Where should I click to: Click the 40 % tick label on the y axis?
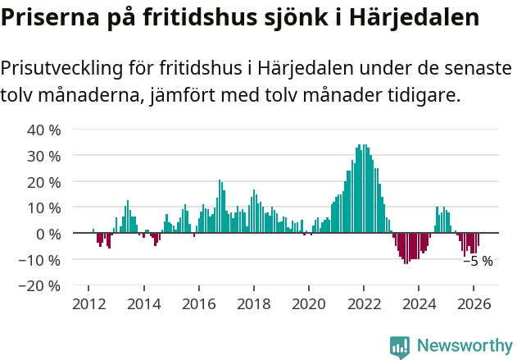tap(44, 129)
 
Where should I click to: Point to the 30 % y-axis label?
tap(44, 155)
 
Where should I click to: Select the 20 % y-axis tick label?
tap(44, 181)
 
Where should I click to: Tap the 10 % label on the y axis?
tap(44, 207)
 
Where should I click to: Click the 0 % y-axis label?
tap(48, 234)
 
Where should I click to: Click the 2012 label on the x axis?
tap(88, 303)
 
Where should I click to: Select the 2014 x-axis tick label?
tap(143, 303)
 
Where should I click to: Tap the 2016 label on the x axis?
tap(198, 303)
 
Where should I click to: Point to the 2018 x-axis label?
tap(253, 303)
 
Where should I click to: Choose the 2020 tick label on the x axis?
tap(308, 303)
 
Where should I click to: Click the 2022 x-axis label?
tap(363, 303)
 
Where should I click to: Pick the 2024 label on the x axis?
tap(418, 303)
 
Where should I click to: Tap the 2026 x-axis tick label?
tap(473, 303)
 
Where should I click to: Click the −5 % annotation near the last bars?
tap(478, 262)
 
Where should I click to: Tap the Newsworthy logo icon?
tap(400, 346)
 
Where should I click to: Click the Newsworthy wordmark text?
tap(464, 346)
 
